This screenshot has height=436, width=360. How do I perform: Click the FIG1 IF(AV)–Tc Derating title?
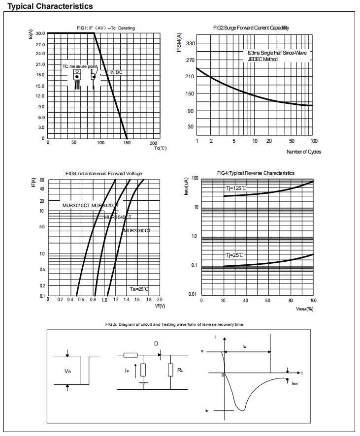(x=105, y=28)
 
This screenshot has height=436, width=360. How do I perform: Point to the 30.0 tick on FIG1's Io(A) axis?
(x=40, y=33)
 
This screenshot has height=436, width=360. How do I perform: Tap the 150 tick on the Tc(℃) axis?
(x=127, y=143)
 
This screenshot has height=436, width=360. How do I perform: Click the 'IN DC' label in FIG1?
(x=116, y=72)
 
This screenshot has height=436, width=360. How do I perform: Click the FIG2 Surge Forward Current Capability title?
(x=251, y=28)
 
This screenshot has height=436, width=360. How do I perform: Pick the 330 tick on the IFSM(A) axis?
(x=190, y=44)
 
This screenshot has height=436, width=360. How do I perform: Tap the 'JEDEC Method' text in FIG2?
(x=263, y=59)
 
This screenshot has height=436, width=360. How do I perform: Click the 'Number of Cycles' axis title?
(x=303, y=152)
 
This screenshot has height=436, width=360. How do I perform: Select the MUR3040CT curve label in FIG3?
(x=118, y=217)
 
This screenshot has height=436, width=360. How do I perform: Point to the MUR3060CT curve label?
(x=137, y=230)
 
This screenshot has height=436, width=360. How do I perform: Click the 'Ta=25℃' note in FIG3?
(x=139, y=289)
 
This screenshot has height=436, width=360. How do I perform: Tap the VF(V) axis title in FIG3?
(x=160, y=306)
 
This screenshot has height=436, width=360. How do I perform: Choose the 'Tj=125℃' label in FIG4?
(x=236, y=188)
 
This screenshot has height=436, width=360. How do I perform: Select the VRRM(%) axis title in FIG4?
(x=304, y=309)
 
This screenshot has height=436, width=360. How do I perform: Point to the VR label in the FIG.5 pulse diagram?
(x=68, y=371)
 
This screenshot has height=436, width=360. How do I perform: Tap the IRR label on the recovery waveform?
(x=295, y=383)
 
